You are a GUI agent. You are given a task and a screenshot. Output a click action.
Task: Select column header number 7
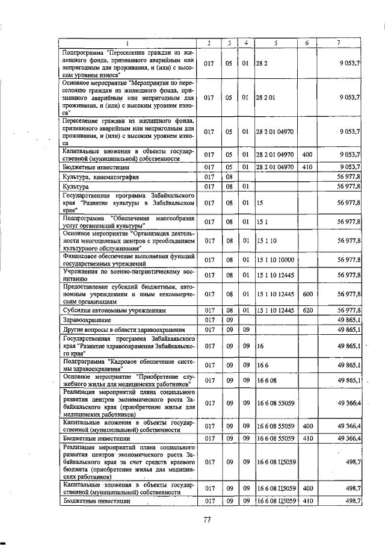pos(339,43)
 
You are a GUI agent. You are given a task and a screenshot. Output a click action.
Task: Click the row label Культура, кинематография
pos(101,178)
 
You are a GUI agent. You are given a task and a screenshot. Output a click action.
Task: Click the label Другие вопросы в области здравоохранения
pos(123,330)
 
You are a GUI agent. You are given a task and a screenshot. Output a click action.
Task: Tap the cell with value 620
pos(307,310)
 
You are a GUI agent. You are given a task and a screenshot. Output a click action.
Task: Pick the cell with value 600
pos(307,294)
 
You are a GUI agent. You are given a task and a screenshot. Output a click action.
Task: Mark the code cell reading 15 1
pos(261,222)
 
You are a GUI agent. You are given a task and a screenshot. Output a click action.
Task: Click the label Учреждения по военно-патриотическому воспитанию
pos(128,276)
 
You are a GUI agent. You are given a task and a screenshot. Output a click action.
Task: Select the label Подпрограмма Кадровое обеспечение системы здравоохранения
pos(128,365)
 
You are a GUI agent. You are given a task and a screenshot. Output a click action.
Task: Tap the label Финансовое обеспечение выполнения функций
pos(128,260)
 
